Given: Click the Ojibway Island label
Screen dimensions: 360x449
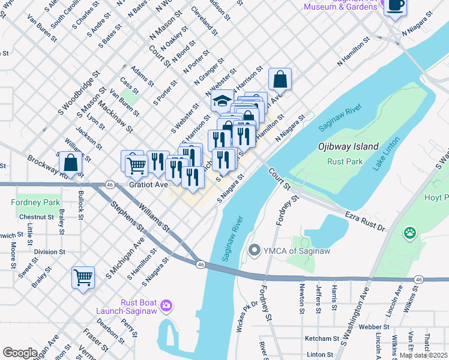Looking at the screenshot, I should (348, 146).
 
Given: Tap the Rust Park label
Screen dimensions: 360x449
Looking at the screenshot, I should (345, 161).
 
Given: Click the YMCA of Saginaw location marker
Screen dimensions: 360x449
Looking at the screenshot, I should (255, 250).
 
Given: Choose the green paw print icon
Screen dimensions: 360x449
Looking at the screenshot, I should (410, 232).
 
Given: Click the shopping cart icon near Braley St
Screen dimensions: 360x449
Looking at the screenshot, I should (83, 277).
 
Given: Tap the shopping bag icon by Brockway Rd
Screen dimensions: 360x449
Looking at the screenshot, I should (71, 163).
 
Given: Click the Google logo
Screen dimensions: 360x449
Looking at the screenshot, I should (20, 353).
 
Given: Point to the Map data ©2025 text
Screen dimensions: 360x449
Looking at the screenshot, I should (423, 355).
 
